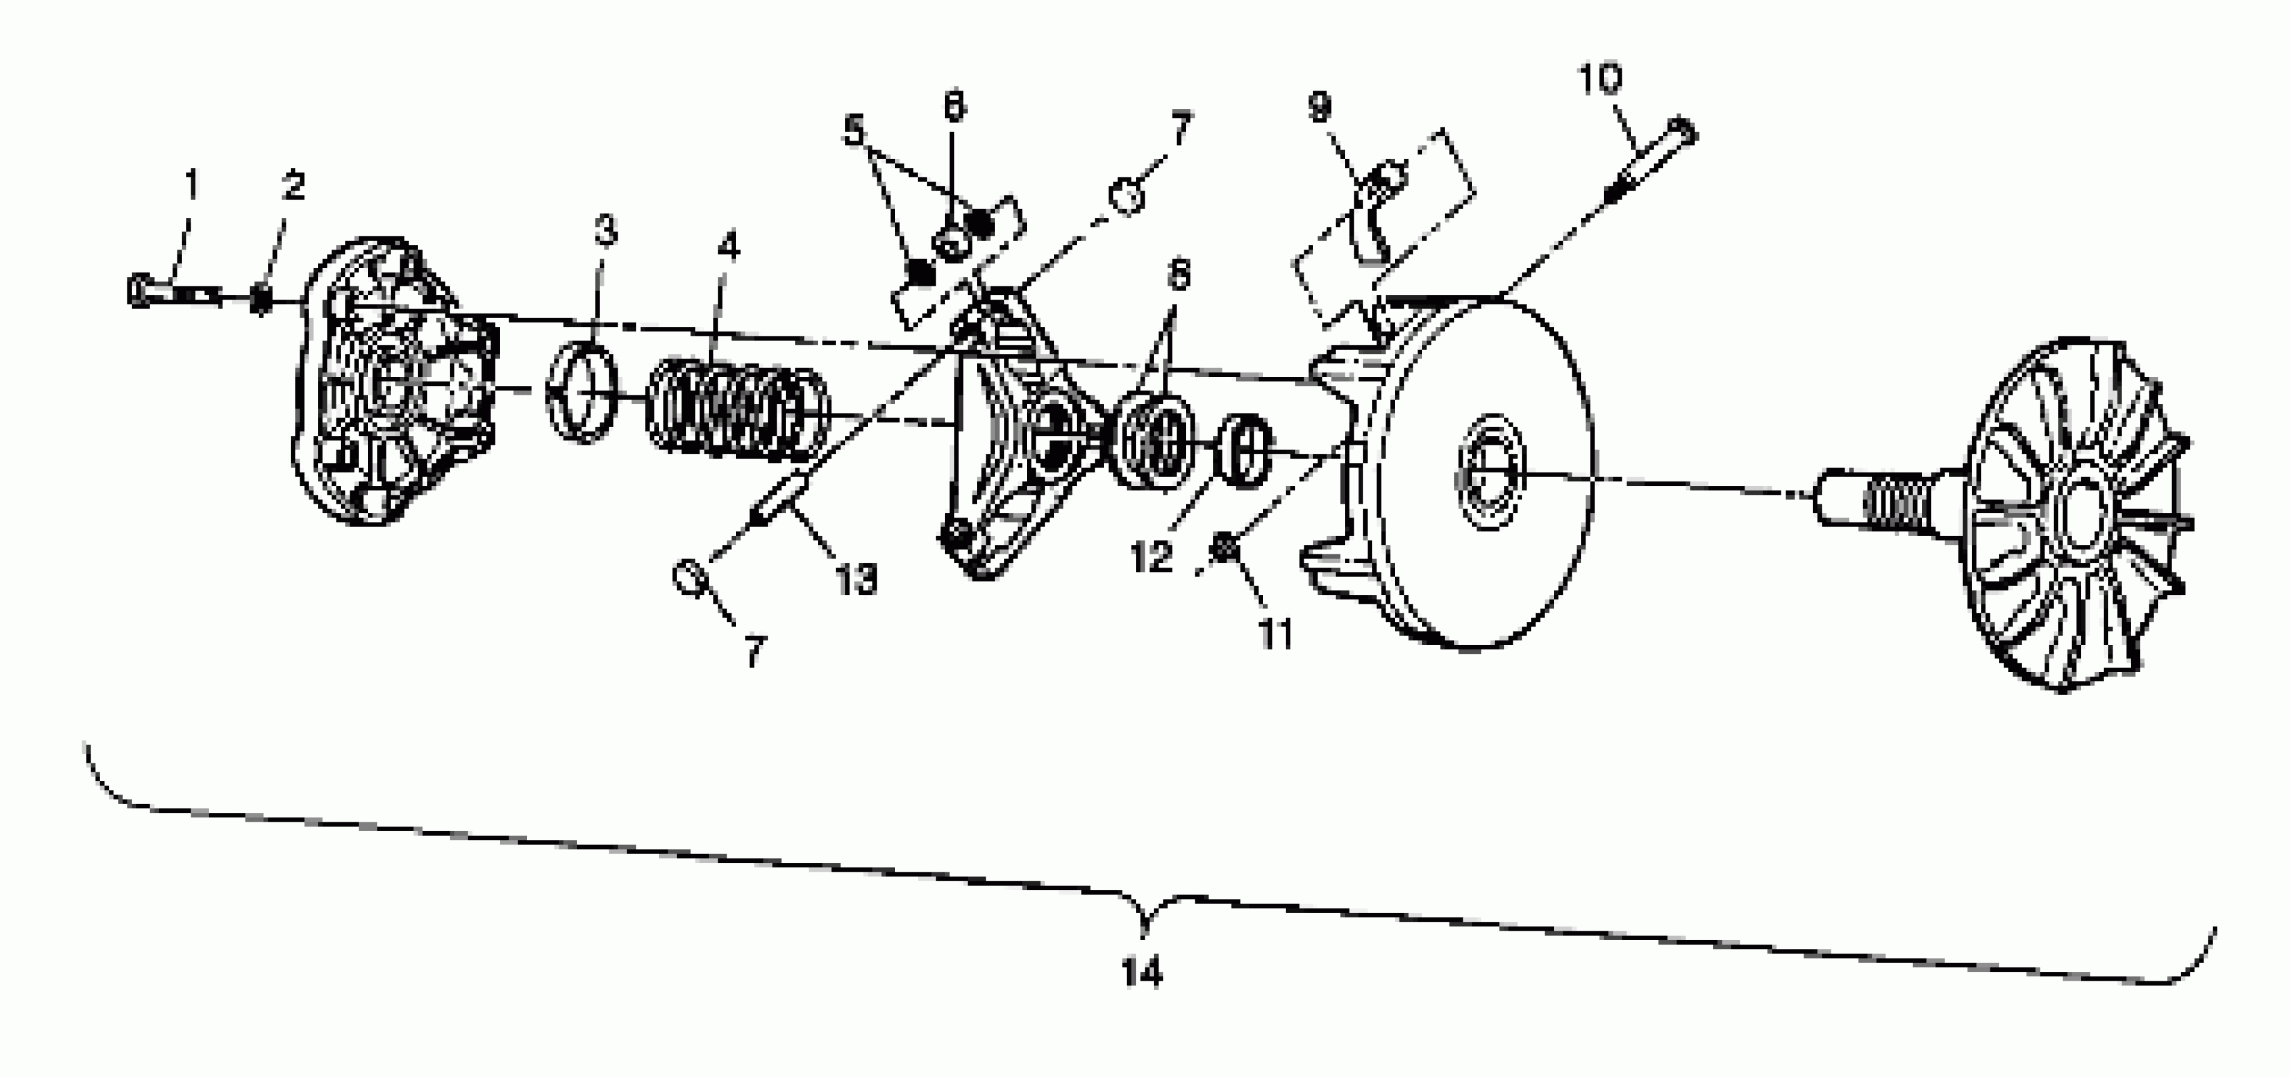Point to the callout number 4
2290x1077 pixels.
pos(728,245)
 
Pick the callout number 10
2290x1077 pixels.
pos(1600,79)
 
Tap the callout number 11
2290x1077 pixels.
pos(1276,634)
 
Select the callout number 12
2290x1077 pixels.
pos(1151,558)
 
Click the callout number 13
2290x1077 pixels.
pos(856,579)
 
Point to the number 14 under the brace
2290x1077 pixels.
pos(1142,973)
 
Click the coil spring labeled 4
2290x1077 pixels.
pos(738,409)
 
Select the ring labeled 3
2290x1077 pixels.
pos(582,392)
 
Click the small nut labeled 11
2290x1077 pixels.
pos(1226,549)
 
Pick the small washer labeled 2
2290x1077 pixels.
pos(260,298)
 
